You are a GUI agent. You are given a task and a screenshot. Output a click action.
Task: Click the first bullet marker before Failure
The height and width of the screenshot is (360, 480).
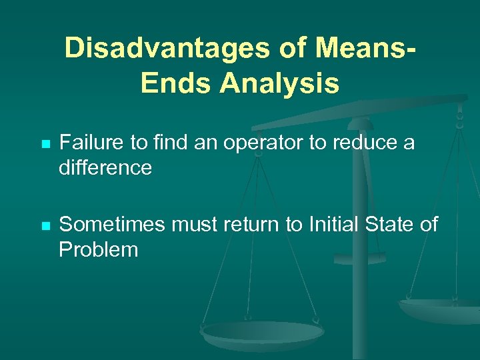click(x=45, y=144)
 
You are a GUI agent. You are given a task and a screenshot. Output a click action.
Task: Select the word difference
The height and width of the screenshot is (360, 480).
click(x=105, y=167)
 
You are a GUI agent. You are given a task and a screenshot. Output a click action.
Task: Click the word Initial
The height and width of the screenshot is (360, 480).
click(x=332, y=225)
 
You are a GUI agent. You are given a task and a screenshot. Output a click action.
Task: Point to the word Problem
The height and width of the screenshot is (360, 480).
click(x=98, y=250)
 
